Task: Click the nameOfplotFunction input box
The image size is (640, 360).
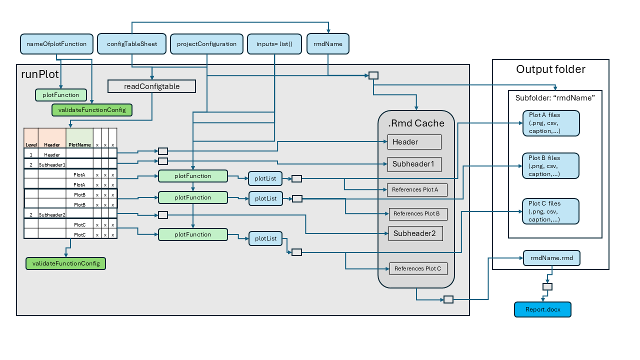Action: point(56,44)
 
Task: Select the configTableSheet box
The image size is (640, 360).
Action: point(132,44)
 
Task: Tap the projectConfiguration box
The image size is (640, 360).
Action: point(206,44)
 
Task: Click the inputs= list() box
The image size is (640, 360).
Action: point(274,44)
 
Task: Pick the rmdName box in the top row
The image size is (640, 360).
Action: point(327,44)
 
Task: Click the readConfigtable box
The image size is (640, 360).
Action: point(151,86)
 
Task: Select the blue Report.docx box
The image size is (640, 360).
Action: point(542,309)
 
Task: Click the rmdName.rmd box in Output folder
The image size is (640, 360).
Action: point(551,258)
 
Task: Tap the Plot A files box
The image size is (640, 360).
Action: point(550,123)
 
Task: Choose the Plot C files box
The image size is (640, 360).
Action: point(550,211)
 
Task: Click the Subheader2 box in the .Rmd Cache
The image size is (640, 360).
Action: point(415,233)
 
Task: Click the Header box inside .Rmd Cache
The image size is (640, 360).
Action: point(414,142)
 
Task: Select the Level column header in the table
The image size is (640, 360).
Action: point(31,145)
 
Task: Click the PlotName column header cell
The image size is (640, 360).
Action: point(79,145)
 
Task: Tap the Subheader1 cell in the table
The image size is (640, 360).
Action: point(51,164)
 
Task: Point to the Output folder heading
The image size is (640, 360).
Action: point(550,69)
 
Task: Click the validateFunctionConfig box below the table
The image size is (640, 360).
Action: point(65,263)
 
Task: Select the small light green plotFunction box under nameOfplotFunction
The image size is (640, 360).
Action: point(60,94)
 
